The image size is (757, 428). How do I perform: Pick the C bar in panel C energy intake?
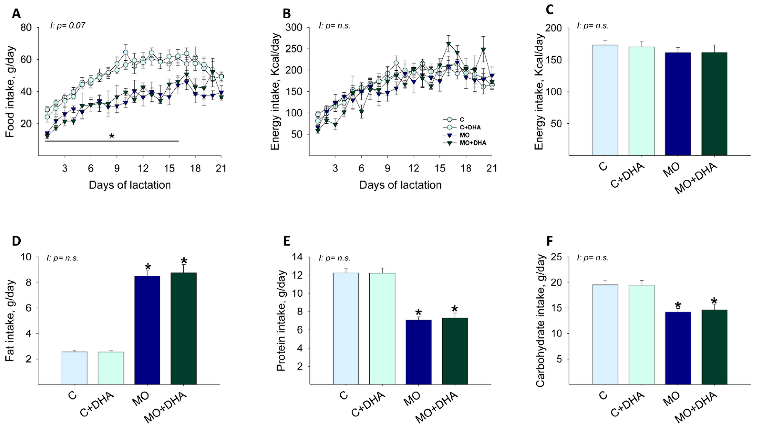(x=605, y=100)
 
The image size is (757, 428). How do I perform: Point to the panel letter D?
(x=16, y=241)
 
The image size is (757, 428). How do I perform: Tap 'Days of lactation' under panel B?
(x=400, y=185)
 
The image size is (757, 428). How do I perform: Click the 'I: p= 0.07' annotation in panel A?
(x=67, y=26)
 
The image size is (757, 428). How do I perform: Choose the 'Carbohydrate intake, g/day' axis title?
(x=540, y=321)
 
